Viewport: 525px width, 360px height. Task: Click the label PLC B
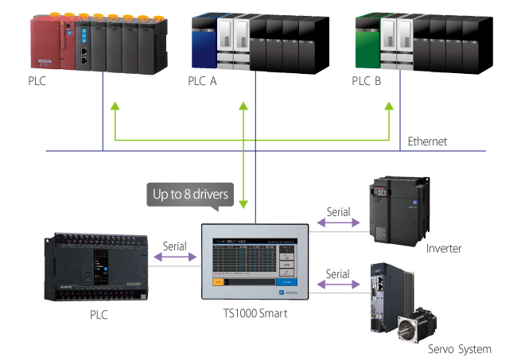(x=366, y=81)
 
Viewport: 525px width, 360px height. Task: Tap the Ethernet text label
(x=427, y=141)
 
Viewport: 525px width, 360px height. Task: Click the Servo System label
(x=459, y=349)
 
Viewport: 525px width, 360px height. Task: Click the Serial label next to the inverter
(x=338, y=213)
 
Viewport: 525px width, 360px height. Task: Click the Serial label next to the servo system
(x=338, y=273)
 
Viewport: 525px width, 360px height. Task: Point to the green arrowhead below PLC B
(x=389, y=106)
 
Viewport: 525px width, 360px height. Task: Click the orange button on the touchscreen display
(x=217, y=281)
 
